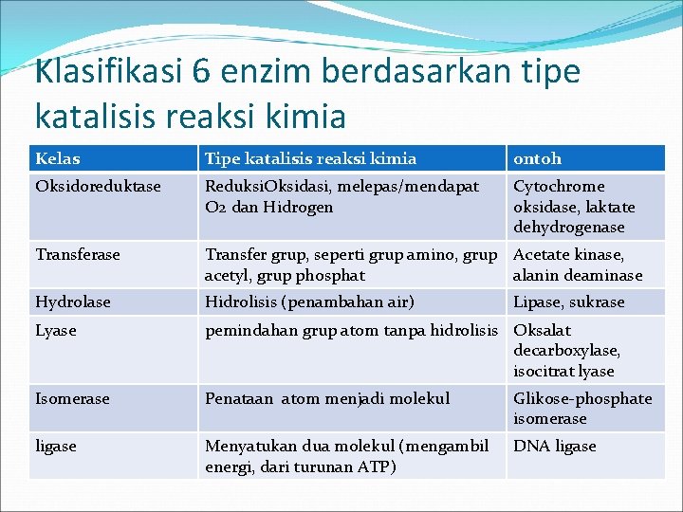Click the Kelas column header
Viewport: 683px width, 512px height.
[x=58, y=159]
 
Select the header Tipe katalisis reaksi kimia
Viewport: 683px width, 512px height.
[x=310, y=159]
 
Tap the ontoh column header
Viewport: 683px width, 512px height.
[x=537, y=159]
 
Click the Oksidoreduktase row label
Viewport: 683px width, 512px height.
[x=98, y=187]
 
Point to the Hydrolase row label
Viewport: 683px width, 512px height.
[x=73, y=302]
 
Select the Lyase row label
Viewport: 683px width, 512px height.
[x=56, y=331]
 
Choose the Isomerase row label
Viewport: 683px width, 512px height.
[x=72, y=399]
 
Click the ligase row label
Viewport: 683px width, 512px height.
[x=56, y=446]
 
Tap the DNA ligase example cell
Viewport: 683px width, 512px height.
[x=554, y=446]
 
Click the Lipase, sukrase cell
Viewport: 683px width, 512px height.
[x=568, y=302]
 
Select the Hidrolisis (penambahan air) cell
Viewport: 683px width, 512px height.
[x=309, y=302]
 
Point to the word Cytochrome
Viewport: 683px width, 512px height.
[x=559, y=187]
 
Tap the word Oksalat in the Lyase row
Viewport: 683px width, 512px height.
[x=542, y=331]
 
